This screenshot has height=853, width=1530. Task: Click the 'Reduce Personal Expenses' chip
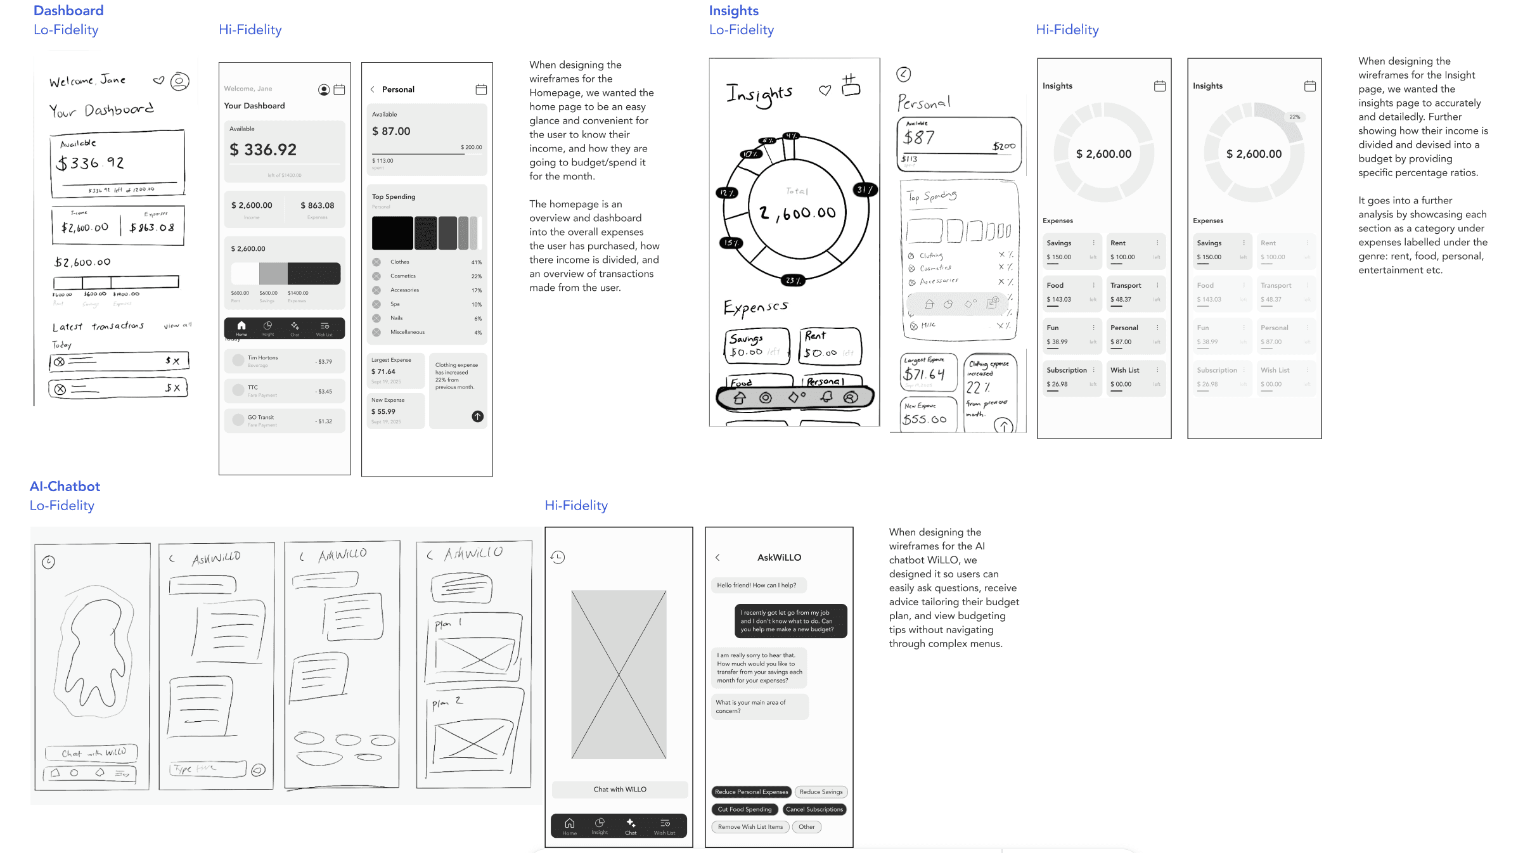click(751, 792)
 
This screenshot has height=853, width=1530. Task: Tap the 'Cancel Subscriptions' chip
click(814, 809)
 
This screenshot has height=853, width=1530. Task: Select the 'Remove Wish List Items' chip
click(750, 826)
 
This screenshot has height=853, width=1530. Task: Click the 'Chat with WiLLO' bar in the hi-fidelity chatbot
click(619, 789)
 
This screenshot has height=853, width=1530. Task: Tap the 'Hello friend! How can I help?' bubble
click(757, 585)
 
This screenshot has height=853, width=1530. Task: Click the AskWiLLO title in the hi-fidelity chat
click(779, 557)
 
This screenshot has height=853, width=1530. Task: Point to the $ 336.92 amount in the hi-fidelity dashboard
click(263, 150)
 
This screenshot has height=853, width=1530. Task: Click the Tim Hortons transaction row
click(285, 361)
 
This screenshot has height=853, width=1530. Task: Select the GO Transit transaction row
click(285, 420)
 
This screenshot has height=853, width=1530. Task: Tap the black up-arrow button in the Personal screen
click(477, 416)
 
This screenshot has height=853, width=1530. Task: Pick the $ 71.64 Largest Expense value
click(383, 371)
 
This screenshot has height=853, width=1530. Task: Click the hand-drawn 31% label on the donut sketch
click(865, 189)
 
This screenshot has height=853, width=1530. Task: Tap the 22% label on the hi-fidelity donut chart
click(1294, 117)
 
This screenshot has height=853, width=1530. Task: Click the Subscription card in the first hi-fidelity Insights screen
click(1071, 377)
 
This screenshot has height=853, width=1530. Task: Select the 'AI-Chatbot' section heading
click(65, 486)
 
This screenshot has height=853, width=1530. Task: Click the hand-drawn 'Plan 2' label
click(447, 702)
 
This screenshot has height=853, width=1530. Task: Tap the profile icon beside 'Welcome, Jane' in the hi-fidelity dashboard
click(324, 89)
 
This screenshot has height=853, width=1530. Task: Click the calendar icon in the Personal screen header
click(481, 89)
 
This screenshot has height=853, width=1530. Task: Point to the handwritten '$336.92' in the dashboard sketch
click(90, 163)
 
